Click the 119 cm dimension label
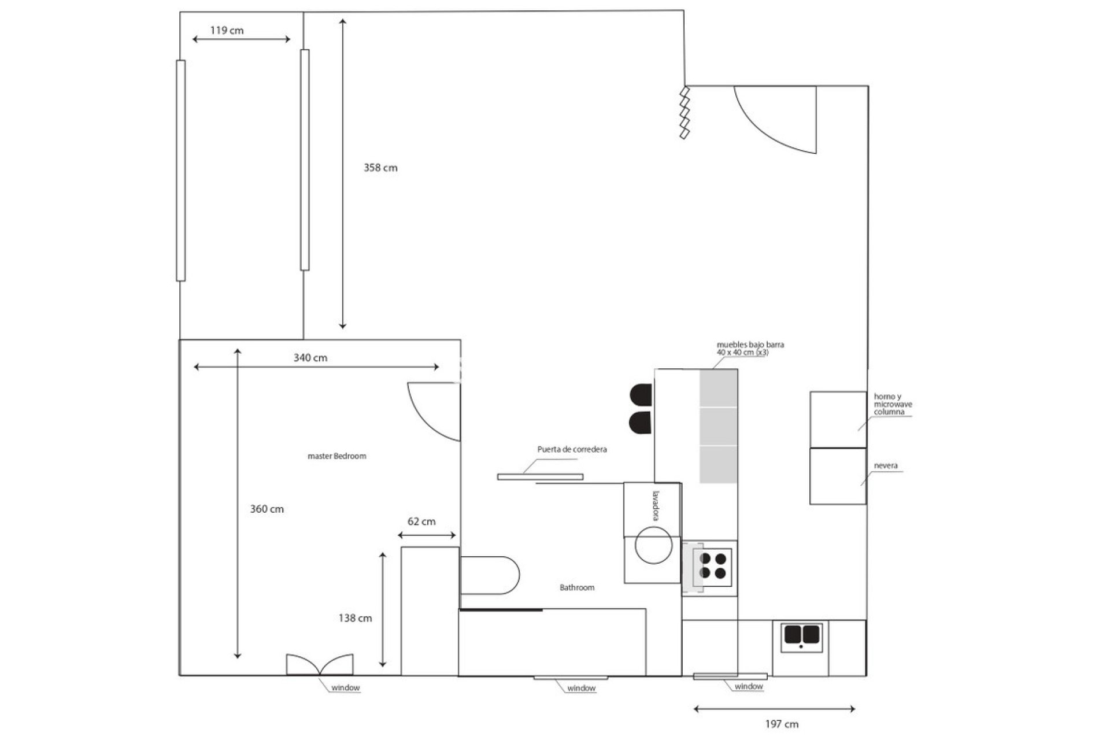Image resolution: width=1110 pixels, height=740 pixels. coord(227,30)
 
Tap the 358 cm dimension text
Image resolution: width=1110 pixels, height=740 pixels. coord(380,168)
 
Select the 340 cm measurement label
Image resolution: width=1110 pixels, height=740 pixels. coord(310,358)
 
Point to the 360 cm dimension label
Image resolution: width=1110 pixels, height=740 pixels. coord(267,509)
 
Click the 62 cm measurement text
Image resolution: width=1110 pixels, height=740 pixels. coord(421,521)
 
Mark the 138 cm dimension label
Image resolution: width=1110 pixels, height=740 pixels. coord(355,618)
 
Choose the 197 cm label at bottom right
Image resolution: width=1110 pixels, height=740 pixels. coord(782,724)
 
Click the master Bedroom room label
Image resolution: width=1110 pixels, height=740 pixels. coord(337,456)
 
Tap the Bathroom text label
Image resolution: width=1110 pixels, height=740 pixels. coord(577,587)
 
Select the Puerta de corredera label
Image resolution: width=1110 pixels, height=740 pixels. coord(572,449)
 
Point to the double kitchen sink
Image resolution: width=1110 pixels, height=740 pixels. coord(801,635)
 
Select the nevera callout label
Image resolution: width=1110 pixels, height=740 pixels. coord(886,465)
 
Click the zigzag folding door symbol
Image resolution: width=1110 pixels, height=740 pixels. coord(685,113)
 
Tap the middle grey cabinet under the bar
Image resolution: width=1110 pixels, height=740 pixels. coord(719,426)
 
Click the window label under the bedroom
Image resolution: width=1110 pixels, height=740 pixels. coord(346,687)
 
